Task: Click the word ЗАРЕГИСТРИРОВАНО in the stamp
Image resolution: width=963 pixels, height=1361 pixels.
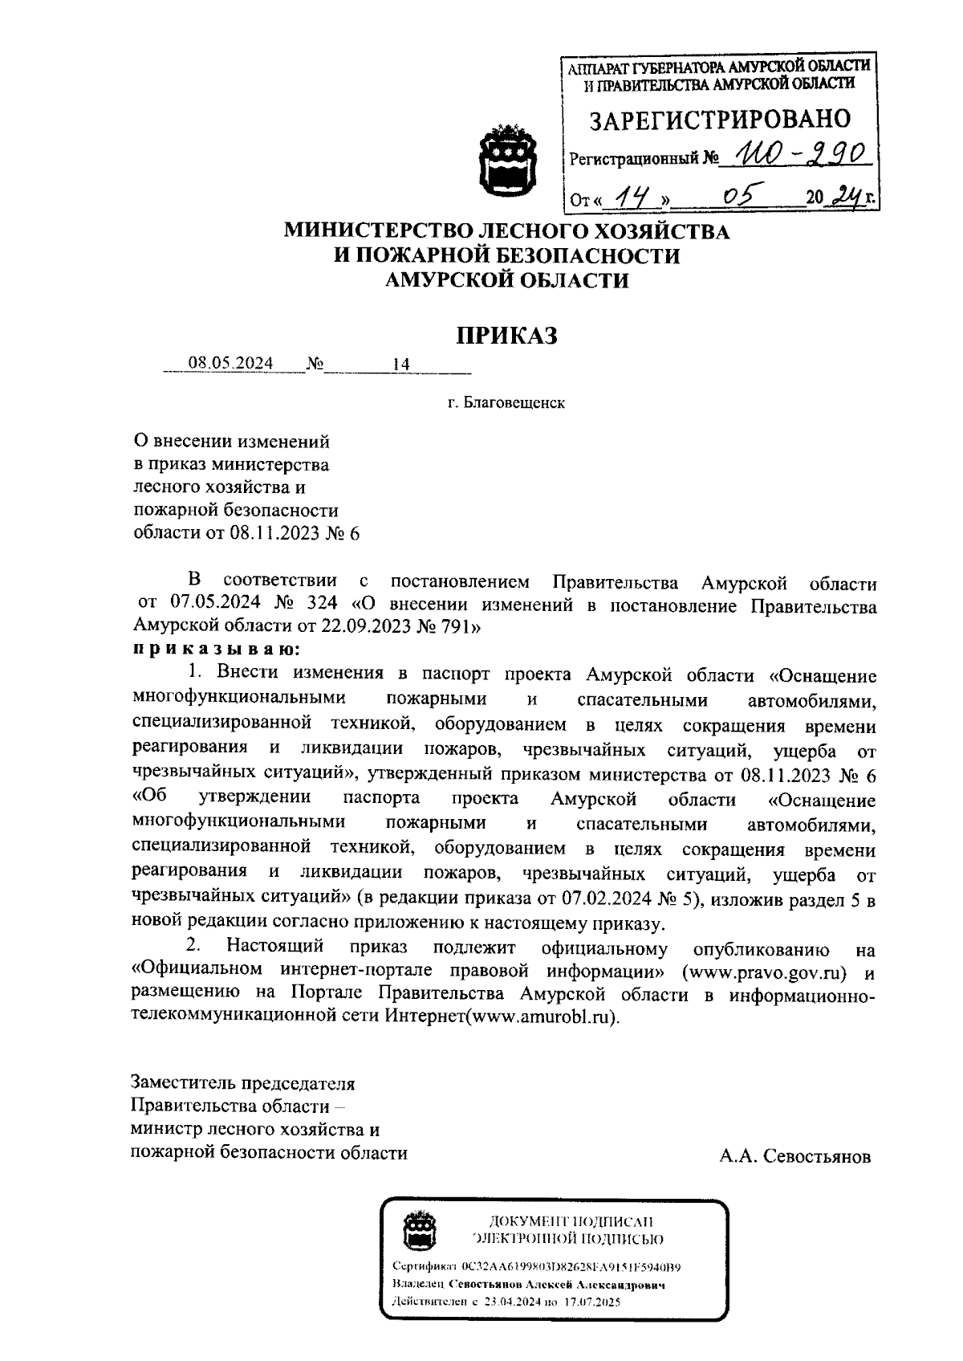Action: [x=720, y=120]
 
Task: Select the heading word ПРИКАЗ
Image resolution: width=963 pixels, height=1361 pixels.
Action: [x=506, y=336]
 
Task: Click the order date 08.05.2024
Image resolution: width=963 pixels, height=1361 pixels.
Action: [x=230, y=364]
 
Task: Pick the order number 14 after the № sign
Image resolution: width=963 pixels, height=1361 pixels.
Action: [x=401, y=365]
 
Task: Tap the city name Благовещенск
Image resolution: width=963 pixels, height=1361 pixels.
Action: [x=513, y=403]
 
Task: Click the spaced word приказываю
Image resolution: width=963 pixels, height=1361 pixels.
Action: [x=217, y=647]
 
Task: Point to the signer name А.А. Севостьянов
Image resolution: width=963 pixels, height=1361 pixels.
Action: [x=794, y=1157]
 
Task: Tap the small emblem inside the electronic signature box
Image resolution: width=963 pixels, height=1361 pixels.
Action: [x=418, y=1232]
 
